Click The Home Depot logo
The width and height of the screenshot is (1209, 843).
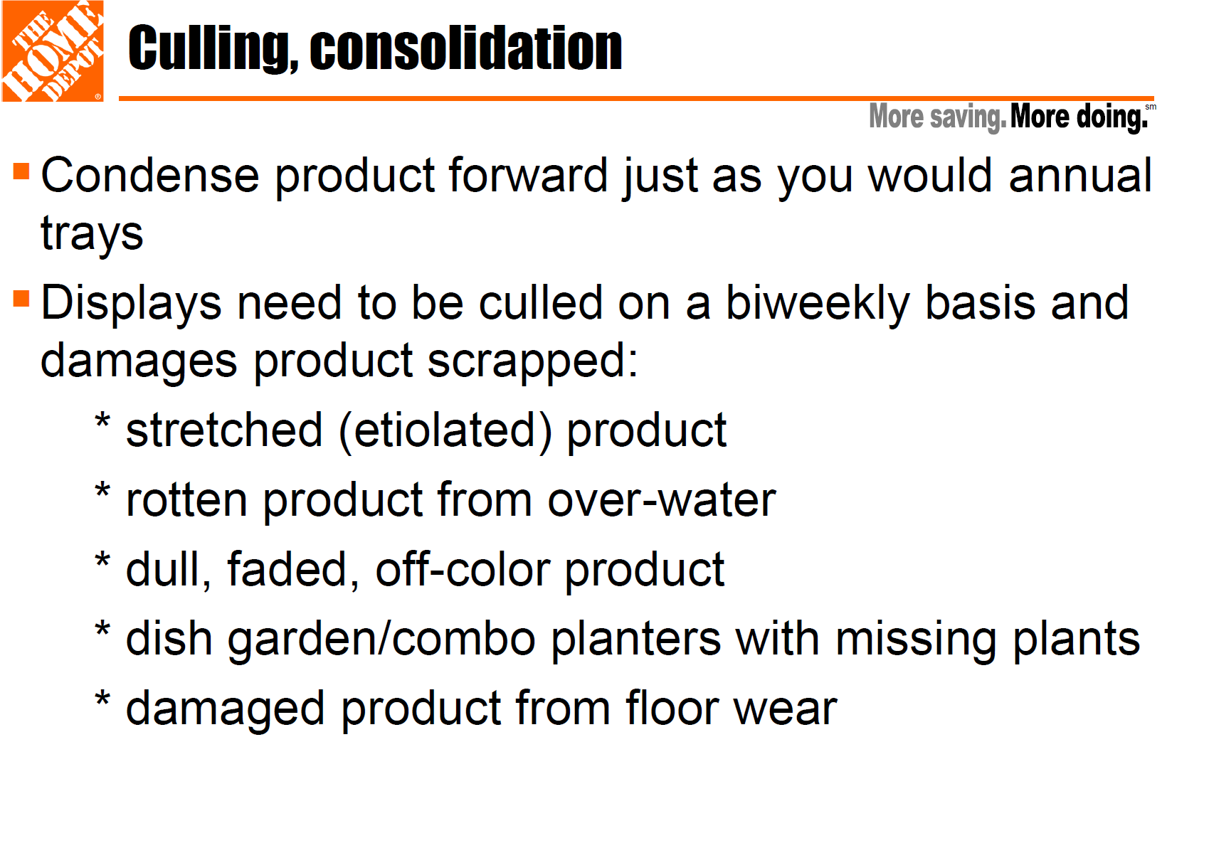click(53, 51)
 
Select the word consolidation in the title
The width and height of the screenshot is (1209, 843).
click(466, 48)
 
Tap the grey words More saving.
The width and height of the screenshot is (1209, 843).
click(937, 117)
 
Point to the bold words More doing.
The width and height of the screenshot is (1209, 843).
click(1079, 117)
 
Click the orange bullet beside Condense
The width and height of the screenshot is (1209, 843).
click(21, 171)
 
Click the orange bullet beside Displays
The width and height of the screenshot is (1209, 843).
click(21, 299)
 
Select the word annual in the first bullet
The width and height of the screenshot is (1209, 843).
click(1080, 175)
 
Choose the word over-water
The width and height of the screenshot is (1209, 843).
click(662, 500)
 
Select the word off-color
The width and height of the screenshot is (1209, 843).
click(463, 569)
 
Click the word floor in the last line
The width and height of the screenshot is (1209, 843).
click(672, 708)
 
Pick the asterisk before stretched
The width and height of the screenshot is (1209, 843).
click(102, 420)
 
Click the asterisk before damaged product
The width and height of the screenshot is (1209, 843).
click(102, 699)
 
